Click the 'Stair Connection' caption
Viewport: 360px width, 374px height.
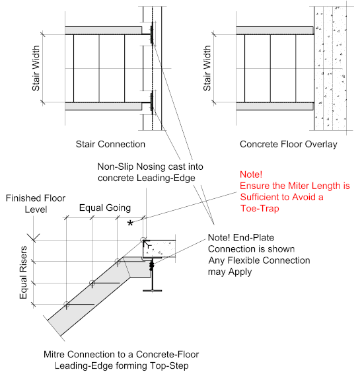pyautogui.click(x=110, y=144)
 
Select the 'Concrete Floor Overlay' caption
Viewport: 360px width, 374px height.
pyautogui.click(x=289, y=144)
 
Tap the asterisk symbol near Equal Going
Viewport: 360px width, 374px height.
pyautogui.click(x=130, y=223)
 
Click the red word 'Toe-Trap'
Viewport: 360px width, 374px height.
pyautogui.click(x=260, y=208)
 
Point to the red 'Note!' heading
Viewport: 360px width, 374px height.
pyautogui.click(x=251, y=174)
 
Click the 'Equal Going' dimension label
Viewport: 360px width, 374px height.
pyautogui.click(x=105, y=207)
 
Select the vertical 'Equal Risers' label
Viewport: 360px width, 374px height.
pyautogui.click(x=23, y=273)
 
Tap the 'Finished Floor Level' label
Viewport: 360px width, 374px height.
pyautogui.click(x=36, y=204)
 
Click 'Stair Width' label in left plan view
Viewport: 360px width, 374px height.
pyautogui.click(x=36, y=68)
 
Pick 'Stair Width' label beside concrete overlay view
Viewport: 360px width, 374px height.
pyautogui.click(x=207, y=68)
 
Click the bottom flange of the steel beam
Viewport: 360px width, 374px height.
pyautogui.click(x=152, y=291)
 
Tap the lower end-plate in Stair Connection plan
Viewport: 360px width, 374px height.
pyautogui.click(x=152, y=102)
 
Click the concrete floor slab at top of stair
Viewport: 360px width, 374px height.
pyautogui.click(x=159, y=248)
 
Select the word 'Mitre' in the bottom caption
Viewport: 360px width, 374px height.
pyautogui.click(x=53, y=354)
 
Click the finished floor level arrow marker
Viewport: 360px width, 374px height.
pyautogui.click(x=34, y=238)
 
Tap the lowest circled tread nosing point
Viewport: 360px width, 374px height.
pyautogui.click(x=67, y=305)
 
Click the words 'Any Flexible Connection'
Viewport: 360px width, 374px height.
pyautogui.click(x=259, y=260)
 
